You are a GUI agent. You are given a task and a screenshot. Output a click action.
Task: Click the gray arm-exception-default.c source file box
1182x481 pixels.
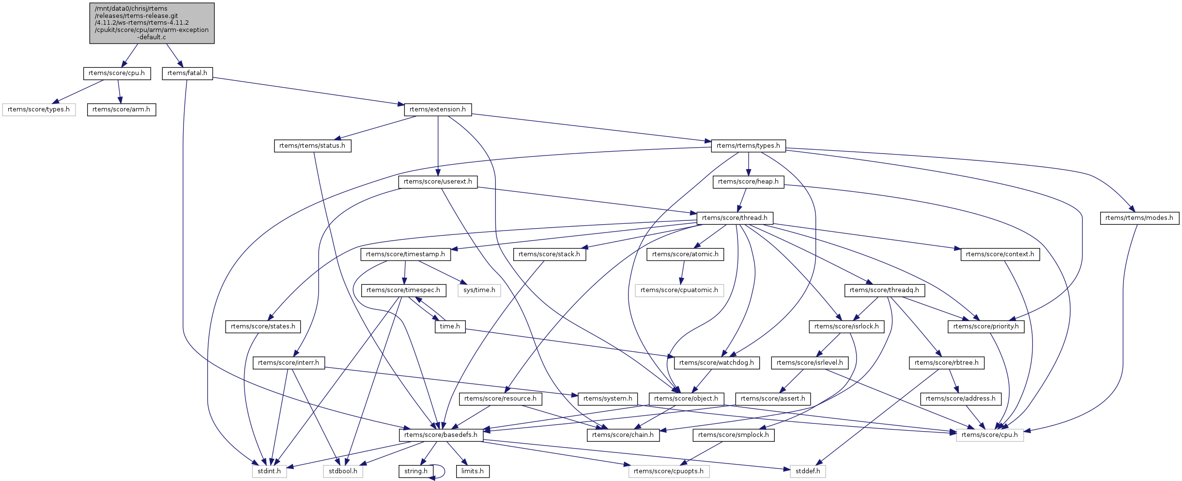(152, 23)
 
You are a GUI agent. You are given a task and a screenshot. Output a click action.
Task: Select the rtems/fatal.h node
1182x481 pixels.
(187, 73)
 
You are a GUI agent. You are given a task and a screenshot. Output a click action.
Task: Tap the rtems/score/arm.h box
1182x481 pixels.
(121, 109)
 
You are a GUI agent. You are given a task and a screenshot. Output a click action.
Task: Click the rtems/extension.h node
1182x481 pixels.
(437, 109)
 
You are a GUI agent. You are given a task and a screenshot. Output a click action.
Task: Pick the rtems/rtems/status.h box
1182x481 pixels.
(312, 146)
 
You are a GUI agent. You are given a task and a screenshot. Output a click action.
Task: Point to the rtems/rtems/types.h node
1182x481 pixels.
(748, 146)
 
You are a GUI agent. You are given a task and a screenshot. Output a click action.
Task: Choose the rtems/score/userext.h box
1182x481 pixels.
(438, 182)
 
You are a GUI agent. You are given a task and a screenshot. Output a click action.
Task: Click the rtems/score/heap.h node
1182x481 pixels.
(748, 182)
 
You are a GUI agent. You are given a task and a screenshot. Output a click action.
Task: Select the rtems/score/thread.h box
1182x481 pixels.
(735, 218)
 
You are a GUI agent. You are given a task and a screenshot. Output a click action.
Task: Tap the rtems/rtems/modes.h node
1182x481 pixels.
(1139, 218)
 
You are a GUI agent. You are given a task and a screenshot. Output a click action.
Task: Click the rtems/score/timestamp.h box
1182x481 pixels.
(405, 254)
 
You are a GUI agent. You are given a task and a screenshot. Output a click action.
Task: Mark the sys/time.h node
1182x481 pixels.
(479, 290)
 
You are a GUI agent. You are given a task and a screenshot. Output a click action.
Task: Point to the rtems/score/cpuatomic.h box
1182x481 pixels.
(679, 290)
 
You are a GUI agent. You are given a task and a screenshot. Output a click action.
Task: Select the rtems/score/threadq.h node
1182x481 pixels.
(884, 290)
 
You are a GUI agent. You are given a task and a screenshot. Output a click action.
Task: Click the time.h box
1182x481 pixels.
(450, 326)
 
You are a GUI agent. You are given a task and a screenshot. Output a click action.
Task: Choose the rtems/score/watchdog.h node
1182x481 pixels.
(716, 363)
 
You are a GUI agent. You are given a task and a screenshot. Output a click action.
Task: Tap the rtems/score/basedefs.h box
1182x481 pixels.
(441, 435)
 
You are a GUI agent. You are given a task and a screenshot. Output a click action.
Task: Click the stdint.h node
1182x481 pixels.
(269, 471)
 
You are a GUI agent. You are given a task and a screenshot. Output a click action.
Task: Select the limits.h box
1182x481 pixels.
(472, 471)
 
